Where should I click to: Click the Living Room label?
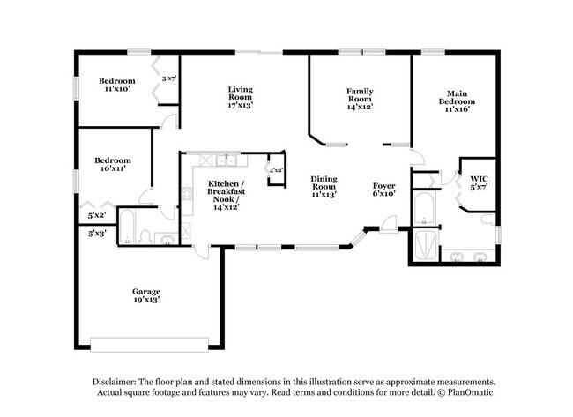click(x=241, y=97)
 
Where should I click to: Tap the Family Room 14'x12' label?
click(x=360, y=99)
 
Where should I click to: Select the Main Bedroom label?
click(x=457, y=101)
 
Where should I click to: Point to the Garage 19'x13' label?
click(x=146, y=295)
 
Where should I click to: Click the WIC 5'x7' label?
click(x=479, y=182)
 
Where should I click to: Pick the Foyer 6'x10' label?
click(x=383, y=190)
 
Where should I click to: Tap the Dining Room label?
click(x=324, y=186)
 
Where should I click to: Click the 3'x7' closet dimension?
click(x=169, y=78)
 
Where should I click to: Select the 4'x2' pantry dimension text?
click(x=276, y=170)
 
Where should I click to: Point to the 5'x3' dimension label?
click(x=97, y=233)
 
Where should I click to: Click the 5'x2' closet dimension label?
click(x=97, y=216)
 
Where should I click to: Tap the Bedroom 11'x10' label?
click(x=117, y=85)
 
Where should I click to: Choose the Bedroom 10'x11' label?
click(x=113, y=165)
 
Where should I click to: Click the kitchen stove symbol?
click(x=187, y=194)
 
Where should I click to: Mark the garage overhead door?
click(x=150, y=345)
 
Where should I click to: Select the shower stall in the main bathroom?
click(x=424, y=245)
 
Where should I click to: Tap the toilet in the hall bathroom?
click(x=145, y=237)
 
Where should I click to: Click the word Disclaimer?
click(x=115, y=382)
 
